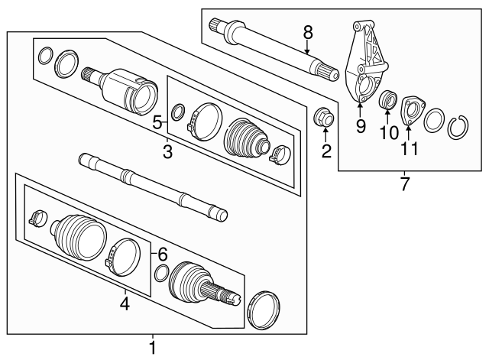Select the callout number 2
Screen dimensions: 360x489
coord(326,151)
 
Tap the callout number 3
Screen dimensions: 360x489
coord(167,153)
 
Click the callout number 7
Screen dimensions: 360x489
coord(405,184)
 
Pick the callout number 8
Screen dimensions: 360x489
coord(308,32)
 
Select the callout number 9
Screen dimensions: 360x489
coord(360,126)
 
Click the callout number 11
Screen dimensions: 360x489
coord(410,148)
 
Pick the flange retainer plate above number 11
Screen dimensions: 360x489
coord(413,107)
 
